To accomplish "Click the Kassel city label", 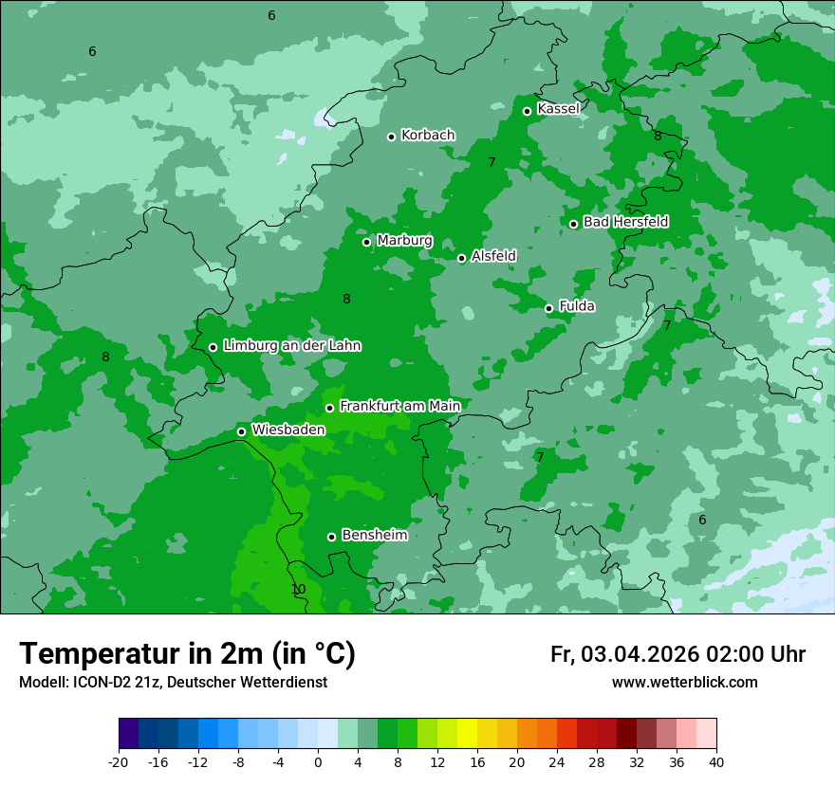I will pyautogui.click(x=558, y=109).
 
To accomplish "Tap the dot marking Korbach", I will pyautogui.click(x=391, y=137).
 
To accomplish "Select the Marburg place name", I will pyautogui.click(x=404, y=241).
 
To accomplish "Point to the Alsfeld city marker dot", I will pyautogui.click(x=462, y=258).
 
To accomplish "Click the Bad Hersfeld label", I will pyautogui.click(x=625, y=222).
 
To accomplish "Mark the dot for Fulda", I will pyautogui.click(x=548, y=308).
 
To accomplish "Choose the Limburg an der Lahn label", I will pyautogui.click(x=291, y=346).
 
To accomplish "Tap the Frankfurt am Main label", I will pyautogui.click(x=399, y=407).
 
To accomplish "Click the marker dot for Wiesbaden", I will pyautogui.click(x=241, y=431).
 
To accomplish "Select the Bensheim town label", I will pyautogui.click(x=374, y=536).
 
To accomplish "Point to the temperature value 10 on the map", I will pyautogui.click(x=298, y=590).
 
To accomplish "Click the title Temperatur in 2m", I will pyautogui.click(x=187, y=654).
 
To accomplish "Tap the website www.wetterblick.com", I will pyautogui.click(x=684, y=683).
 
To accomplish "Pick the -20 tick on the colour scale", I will pyautogui.click(x=119, y=761).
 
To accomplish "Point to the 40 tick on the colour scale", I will pyautogui.click(x=716, y=761).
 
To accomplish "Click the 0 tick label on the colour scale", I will pyautogui.click(x=318, y=761).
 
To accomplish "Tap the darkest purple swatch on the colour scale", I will pyautogui.click(x=129, y=734).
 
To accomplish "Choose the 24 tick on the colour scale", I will pyautogui.click(x=557, y=761).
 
